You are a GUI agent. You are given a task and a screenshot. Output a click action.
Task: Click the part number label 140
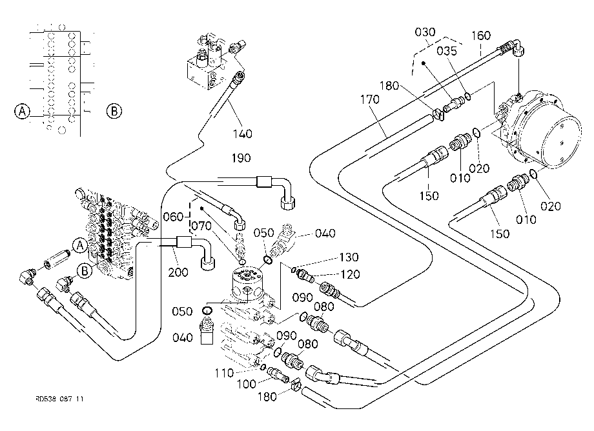(x=243, y=134)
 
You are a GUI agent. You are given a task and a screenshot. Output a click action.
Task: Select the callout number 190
(x=241, y=158)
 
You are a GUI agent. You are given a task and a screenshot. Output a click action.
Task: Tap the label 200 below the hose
(x=178, y=272)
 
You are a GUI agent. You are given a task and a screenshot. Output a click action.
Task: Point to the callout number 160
(x=481, y=35)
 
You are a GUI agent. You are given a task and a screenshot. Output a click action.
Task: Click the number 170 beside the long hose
(x=369, y=99)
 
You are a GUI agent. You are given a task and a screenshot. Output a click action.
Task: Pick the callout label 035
(x=447, y=51)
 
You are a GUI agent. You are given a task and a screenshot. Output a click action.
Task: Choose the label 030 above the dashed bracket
(x=425, y=32)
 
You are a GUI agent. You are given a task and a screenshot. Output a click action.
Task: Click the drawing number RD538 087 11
(x=59, y=399)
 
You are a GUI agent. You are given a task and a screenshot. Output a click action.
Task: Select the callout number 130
(x=349, y=257)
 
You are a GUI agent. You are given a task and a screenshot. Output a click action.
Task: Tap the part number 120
(x=350, y=274)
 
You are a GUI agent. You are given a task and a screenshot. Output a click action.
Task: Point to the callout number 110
(x=224, y=373)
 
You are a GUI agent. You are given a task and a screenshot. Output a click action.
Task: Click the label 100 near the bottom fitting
(x=247, y=384)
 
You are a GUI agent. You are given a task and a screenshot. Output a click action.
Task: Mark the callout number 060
(x=173, y=216)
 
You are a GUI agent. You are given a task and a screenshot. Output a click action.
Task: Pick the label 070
(x=201, y=226)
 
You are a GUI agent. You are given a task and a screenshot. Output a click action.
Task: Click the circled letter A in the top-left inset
(x=22, y=111)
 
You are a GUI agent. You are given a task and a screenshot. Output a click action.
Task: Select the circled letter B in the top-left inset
(x=114, y=111)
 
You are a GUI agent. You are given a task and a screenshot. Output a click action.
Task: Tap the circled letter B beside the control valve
(x=85, y=271)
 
